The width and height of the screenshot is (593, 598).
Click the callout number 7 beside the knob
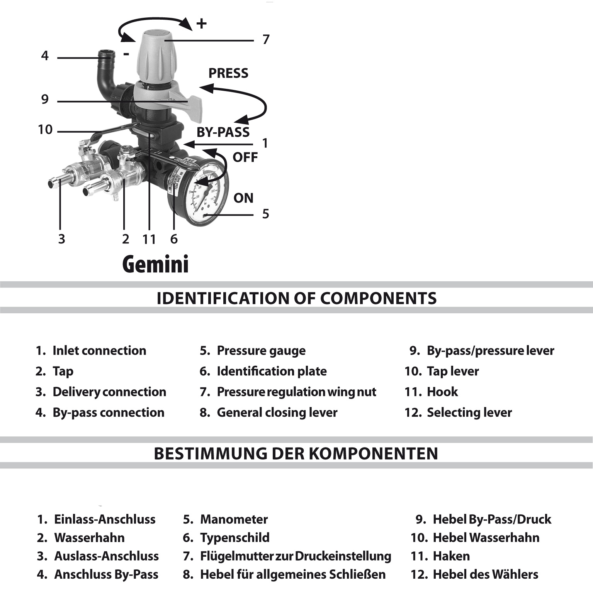[266, 40]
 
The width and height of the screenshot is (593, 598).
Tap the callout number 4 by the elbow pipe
[45, 56]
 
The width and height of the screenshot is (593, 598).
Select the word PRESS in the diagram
[228, 73]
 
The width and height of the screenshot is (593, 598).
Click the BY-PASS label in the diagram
[223, 132]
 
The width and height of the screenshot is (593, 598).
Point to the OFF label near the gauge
[245, 157]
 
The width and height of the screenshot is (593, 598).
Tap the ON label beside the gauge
[243, 198]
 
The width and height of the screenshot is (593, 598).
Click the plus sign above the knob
[201, 24]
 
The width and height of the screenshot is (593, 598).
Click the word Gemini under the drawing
[155, 265]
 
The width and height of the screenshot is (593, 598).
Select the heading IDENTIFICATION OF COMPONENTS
[296, 298]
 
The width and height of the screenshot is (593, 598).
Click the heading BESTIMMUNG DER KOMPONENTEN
[296, 453]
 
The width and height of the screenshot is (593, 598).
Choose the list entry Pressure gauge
[261, 351]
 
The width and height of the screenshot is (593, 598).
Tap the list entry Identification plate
[271, 372]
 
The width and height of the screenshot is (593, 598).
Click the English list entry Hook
[442, 392]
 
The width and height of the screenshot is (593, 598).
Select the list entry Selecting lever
[469, 413]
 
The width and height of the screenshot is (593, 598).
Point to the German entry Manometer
[233, 519]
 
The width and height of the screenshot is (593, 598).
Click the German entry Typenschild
[234, 538]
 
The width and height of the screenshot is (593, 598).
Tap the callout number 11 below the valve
[149, 240]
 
